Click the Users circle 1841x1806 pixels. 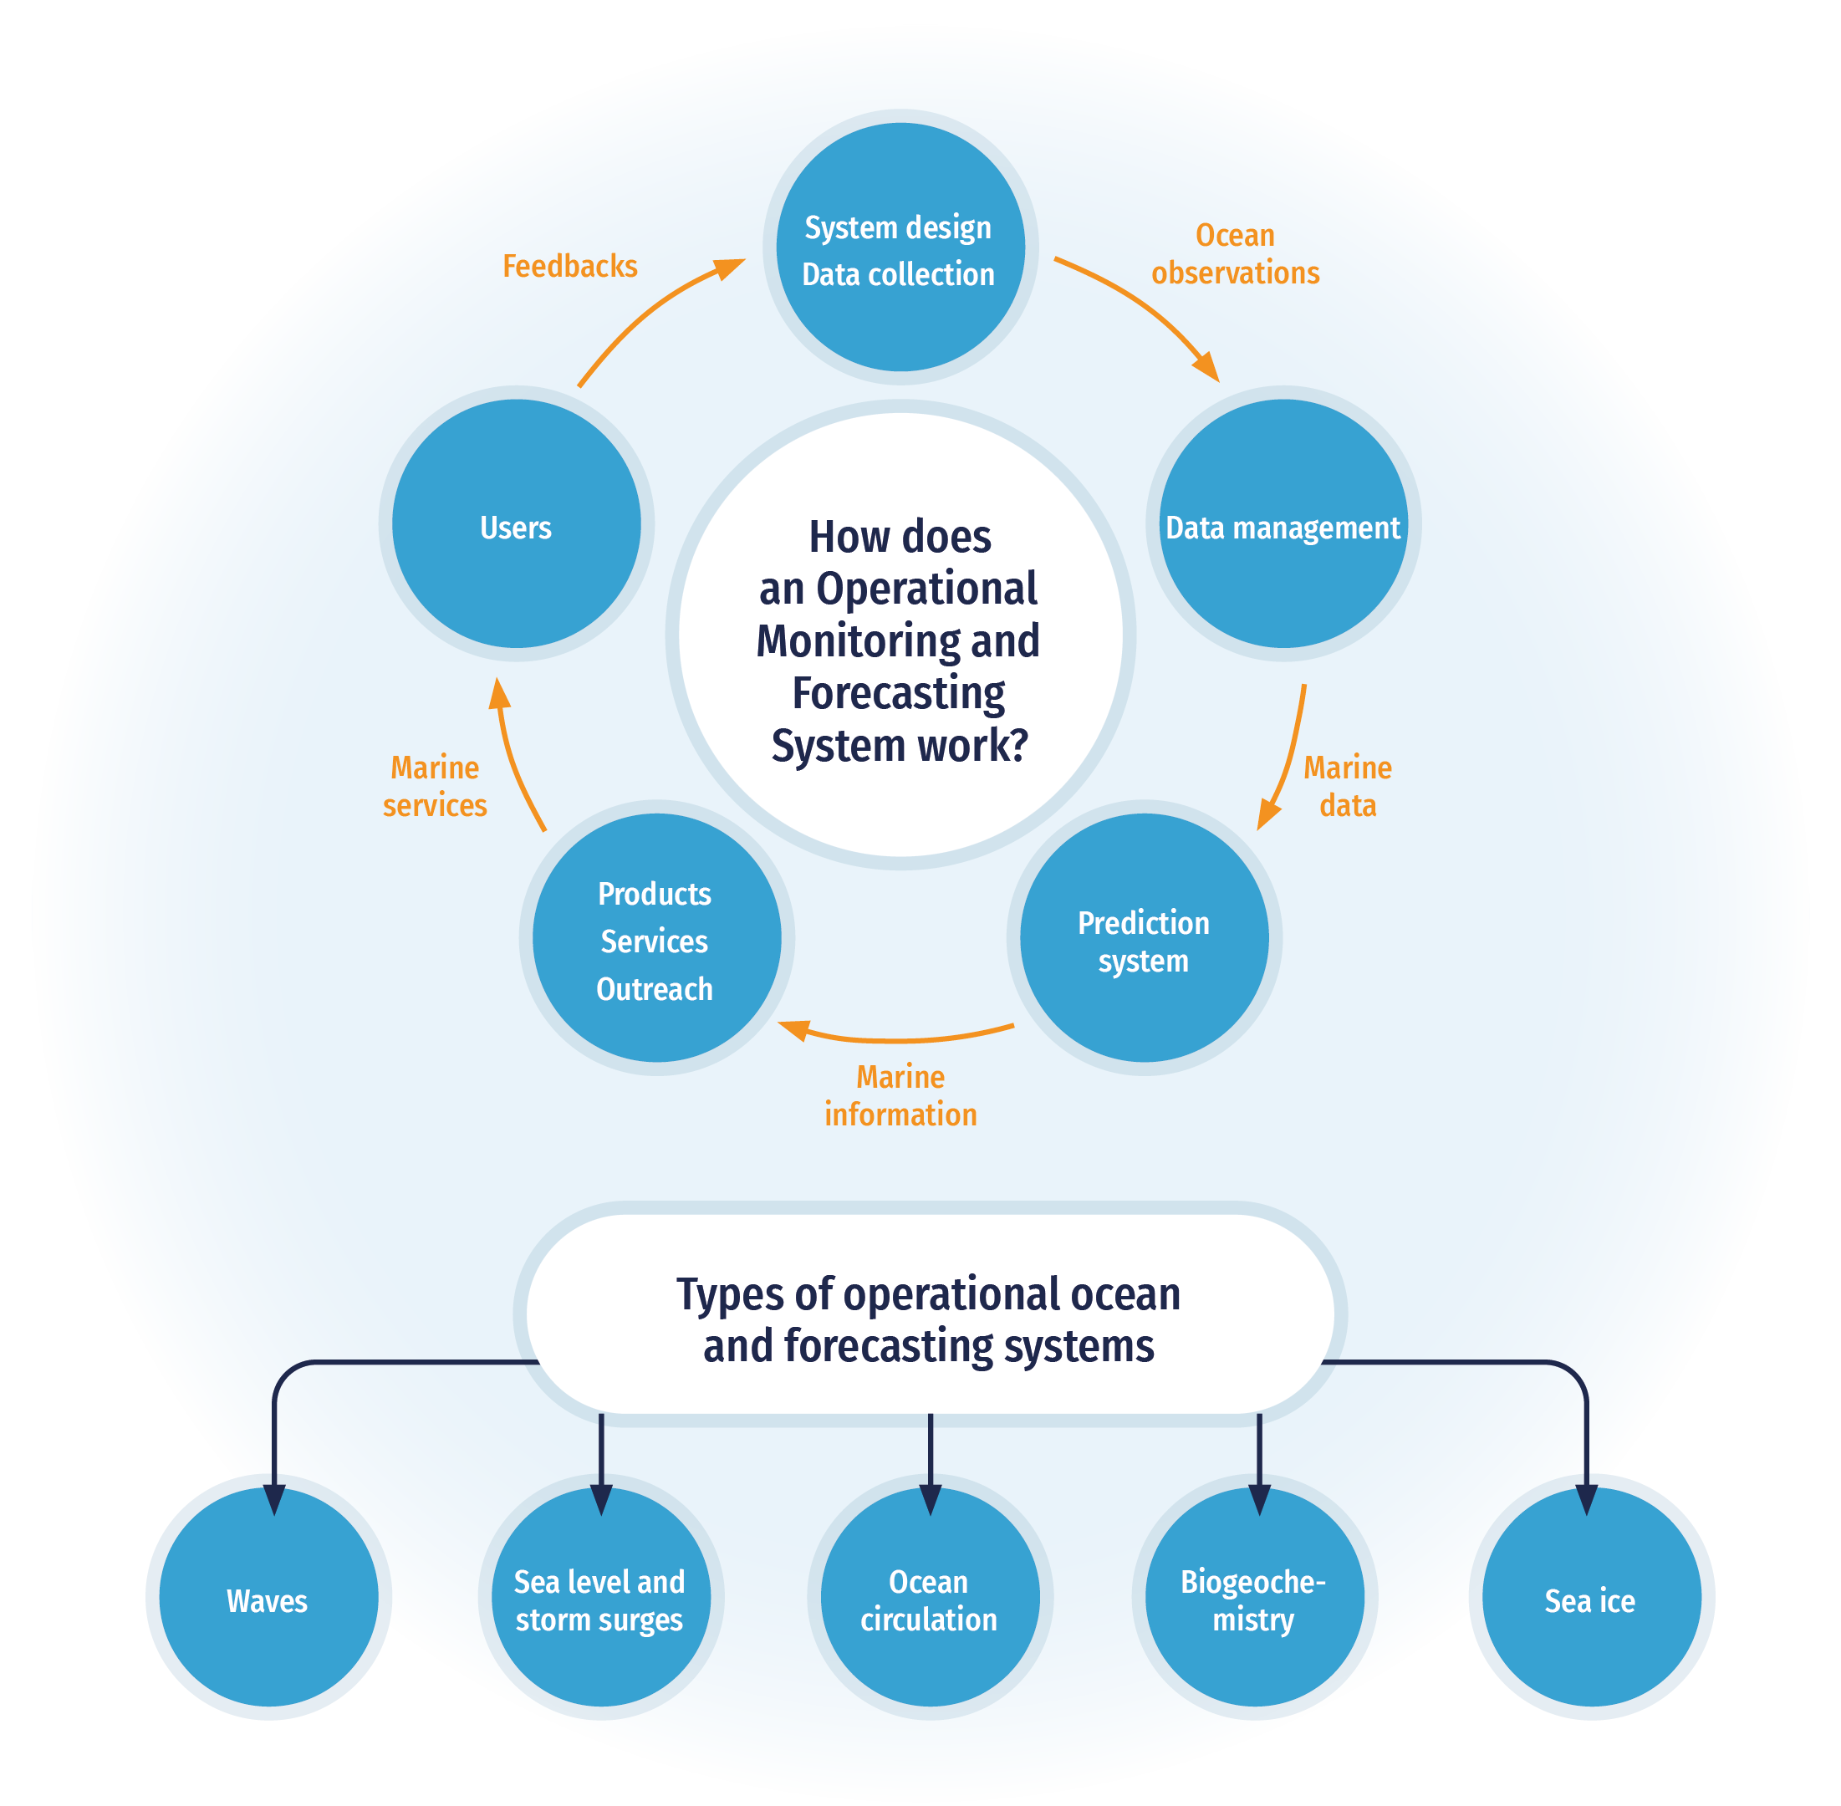click(516, 523)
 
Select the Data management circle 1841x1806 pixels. click(1283, 523)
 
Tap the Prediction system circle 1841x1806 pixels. click(1144, 938)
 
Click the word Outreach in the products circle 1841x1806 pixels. click(655, 989)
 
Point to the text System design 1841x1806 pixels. click(897, 227)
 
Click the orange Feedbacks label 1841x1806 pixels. click(569, 267)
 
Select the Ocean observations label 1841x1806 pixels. click(1235, 254)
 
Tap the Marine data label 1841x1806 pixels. click(1347, 786)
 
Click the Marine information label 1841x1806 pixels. click(900, 1095)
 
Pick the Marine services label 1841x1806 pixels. click(436, 786)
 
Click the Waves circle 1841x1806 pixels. click(268, 1601)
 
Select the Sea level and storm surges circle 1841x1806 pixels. click(600, 1601)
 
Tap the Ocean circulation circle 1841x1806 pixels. click(930, 1601)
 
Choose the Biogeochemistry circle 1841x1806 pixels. click(1254, 1601)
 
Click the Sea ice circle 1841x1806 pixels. click(1591, 1601)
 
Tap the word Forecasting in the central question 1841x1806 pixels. click(898, 693)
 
